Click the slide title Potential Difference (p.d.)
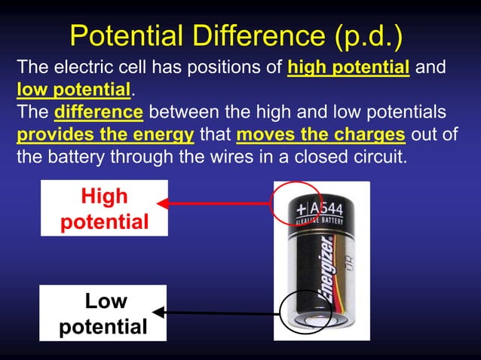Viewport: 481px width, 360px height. coord(236,35)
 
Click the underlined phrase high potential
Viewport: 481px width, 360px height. coord(348,67)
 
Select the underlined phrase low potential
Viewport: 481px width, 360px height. coord(74,90)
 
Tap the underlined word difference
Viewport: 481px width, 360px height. coord(99,113)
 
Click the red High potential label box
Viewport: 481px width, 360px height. coord(104,209)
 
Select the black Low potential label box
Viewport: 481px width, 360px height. coord(103,313)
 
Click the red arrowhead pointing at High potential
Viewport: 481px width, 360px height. coord(161,202)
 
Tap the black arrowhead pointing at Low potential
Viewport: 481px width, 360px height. coord(158,311)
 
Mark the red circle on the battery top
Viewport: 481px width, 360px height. coord(296,203)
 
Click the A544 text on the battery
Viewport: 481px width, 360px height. coord(328,206)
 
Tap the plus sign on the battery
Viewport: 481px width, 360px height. coord(302,207)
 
